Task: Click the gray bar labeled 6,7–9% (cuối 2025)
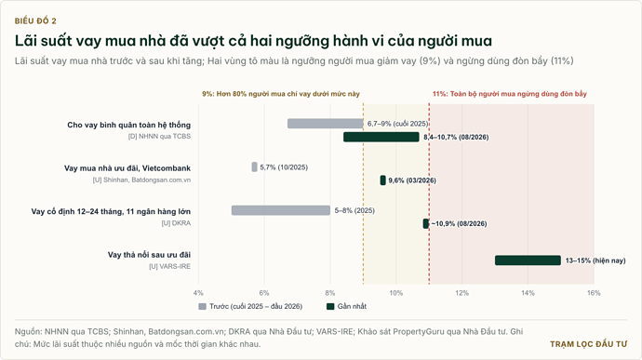point(325,124)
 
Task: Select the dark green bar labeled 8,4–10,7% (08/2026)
point(381,137)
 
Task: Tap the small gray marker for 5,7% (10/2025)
point(254,167)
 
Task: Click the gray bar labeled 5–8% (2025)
point(281,210)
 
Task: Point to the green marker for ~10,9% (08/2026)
point(426,223)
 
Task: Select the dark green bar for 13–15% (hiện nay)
point(528,260)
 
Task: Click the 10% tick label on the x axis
point(396,293)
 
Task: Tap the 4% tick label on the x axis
point(198,293)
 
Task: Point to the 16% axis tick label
point(594,293)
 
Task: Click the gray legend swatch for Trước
point(202,306)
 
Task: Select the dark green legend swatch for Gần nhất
point(330,306)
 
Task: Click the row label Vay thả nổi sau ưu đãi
point(149,255)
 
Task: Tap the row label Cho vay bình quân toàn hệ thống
point(129,125)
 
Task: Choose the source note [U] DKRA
point(176,223)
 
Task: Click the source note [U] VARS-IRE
point(170,266)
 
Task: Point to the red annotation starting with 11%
point(510,94)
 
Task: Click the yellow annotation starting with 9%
point(281,94)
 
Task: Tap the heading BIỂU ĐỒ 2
point(35,20)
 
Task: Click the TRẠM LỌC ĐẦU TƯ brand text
point(588,344)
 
